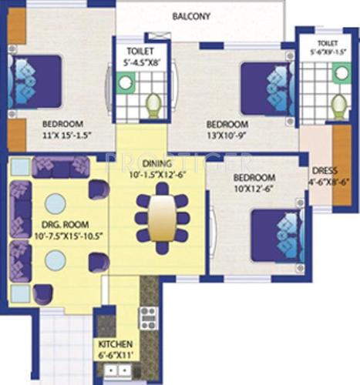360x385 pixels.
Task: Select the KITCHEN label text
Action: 115,343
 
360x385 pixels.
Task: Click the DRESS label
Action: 321,171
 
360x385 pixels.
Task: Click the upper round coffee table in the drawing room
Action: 55,203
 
